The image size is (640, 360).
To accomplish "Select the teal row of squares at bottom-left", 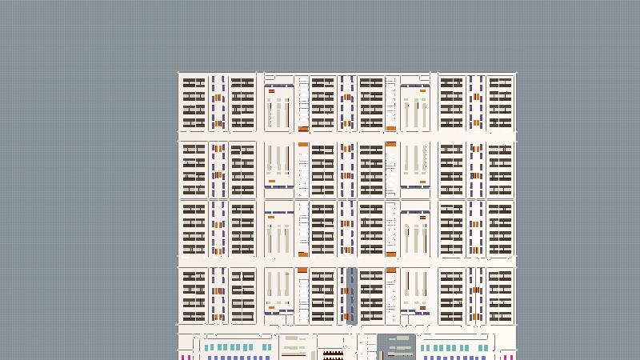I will coord(228,348).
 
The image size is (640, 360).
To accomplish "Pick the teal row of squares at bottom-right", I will coord(453,348).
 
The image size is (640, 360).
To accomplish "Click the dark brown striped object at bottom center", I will coord(334,353).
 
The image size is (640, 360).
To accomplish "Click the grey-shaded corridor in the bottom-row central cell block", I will coord(352,294).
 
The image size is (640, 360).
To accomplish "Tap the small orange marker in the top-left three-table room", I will coord(272,91).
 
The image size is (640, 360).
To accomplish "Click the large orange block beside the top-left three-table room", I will coord(303,129).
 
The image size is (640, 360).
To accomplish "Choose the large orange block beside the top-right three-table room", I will coord(391,129).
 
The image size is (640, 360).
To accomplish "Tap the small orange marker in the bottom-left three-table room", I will coord(272,306).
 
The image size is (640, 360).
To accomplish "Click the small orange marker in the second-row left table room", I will coord(272,181).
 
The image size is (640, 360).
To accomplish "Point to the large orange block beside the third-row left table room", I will coord(303,254).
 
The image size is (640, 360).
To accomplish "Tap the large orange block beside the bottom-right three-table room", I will coord(391,270).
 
